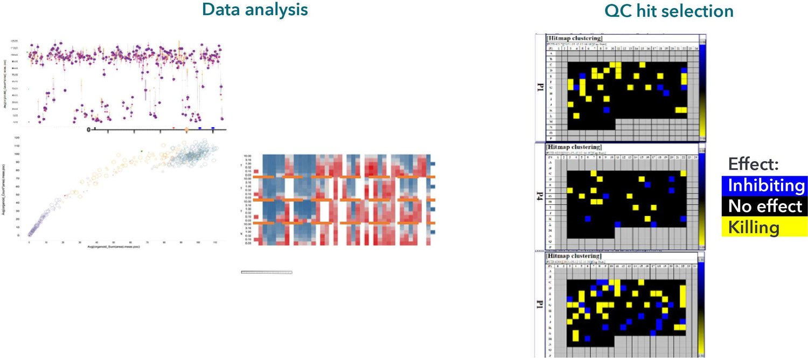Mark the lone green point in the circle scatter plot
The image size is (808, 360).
point(141,151)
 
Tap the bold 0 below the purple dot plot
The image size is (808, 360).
point(89,129)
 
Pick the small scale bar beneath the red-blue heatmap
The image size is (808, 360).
point(266,272)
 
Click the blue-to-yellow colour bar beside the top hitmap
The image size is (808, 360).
point(703,89)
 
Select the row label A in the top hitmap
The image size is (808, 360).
point(551,53)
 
